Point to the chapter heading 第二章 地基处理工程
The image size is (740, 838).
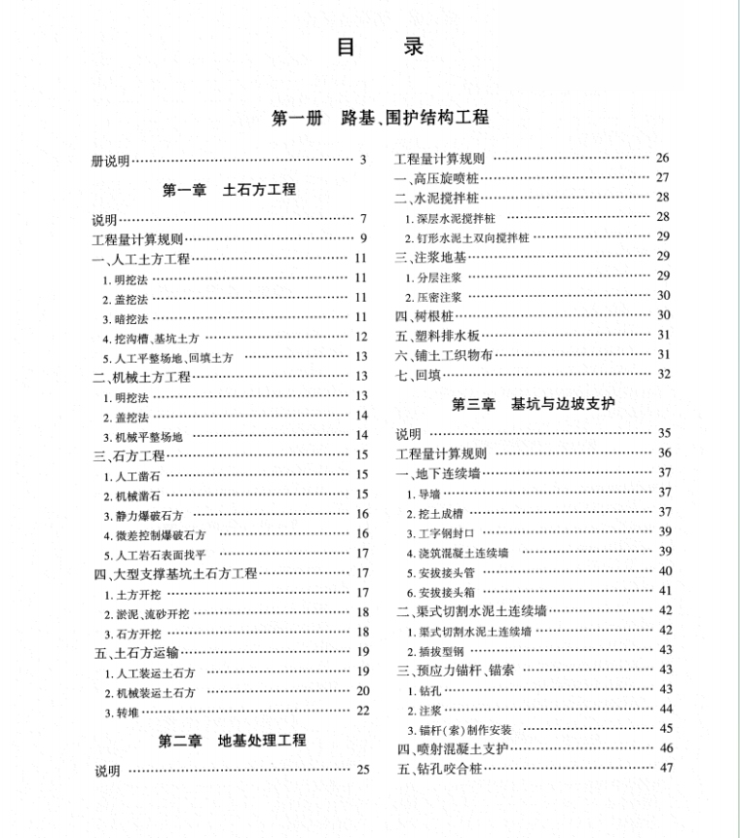233,742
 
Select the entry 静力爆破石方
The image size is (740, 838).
142,515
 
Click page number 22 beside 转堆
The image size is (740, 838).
362,711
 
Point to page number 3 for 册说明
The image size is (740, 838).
362,161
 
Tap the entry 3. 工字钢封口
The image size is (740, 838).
440,531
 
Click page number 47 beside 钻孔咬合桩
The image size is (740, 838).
666,768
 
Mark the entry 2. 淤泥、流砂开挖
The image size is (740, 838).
148,613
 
